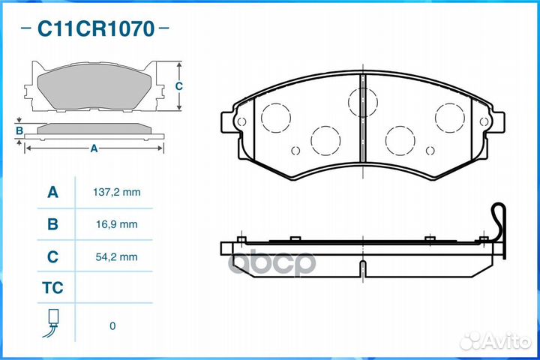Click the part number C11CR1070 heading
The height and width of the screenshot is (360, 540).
point(95,29)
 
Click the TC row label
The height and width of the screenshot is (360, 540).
point(52,288)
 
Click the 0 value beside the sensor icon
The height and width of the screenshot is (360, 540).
point(112,325)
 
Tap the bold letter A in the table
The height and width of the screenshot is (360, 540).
point(52,192)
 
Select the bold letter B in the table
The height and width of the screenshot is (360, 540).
point(52,224)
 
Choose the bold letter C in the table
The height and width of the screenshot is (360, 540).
point(52,256)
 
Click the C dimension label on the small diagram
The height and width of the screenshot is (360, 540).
point(178,86)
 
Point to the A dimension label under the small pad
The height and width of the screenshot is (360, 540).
point(94,148)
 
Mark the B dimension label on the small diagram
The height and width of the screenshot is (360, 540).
point(19,132)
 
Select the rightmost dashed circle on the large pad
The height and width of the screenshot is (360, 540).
point(450,116)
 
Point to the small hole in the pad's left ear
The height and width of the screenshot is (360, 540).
point(240,121)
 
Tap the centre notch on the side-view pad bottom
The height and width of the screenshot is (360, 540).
point(362,268)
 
